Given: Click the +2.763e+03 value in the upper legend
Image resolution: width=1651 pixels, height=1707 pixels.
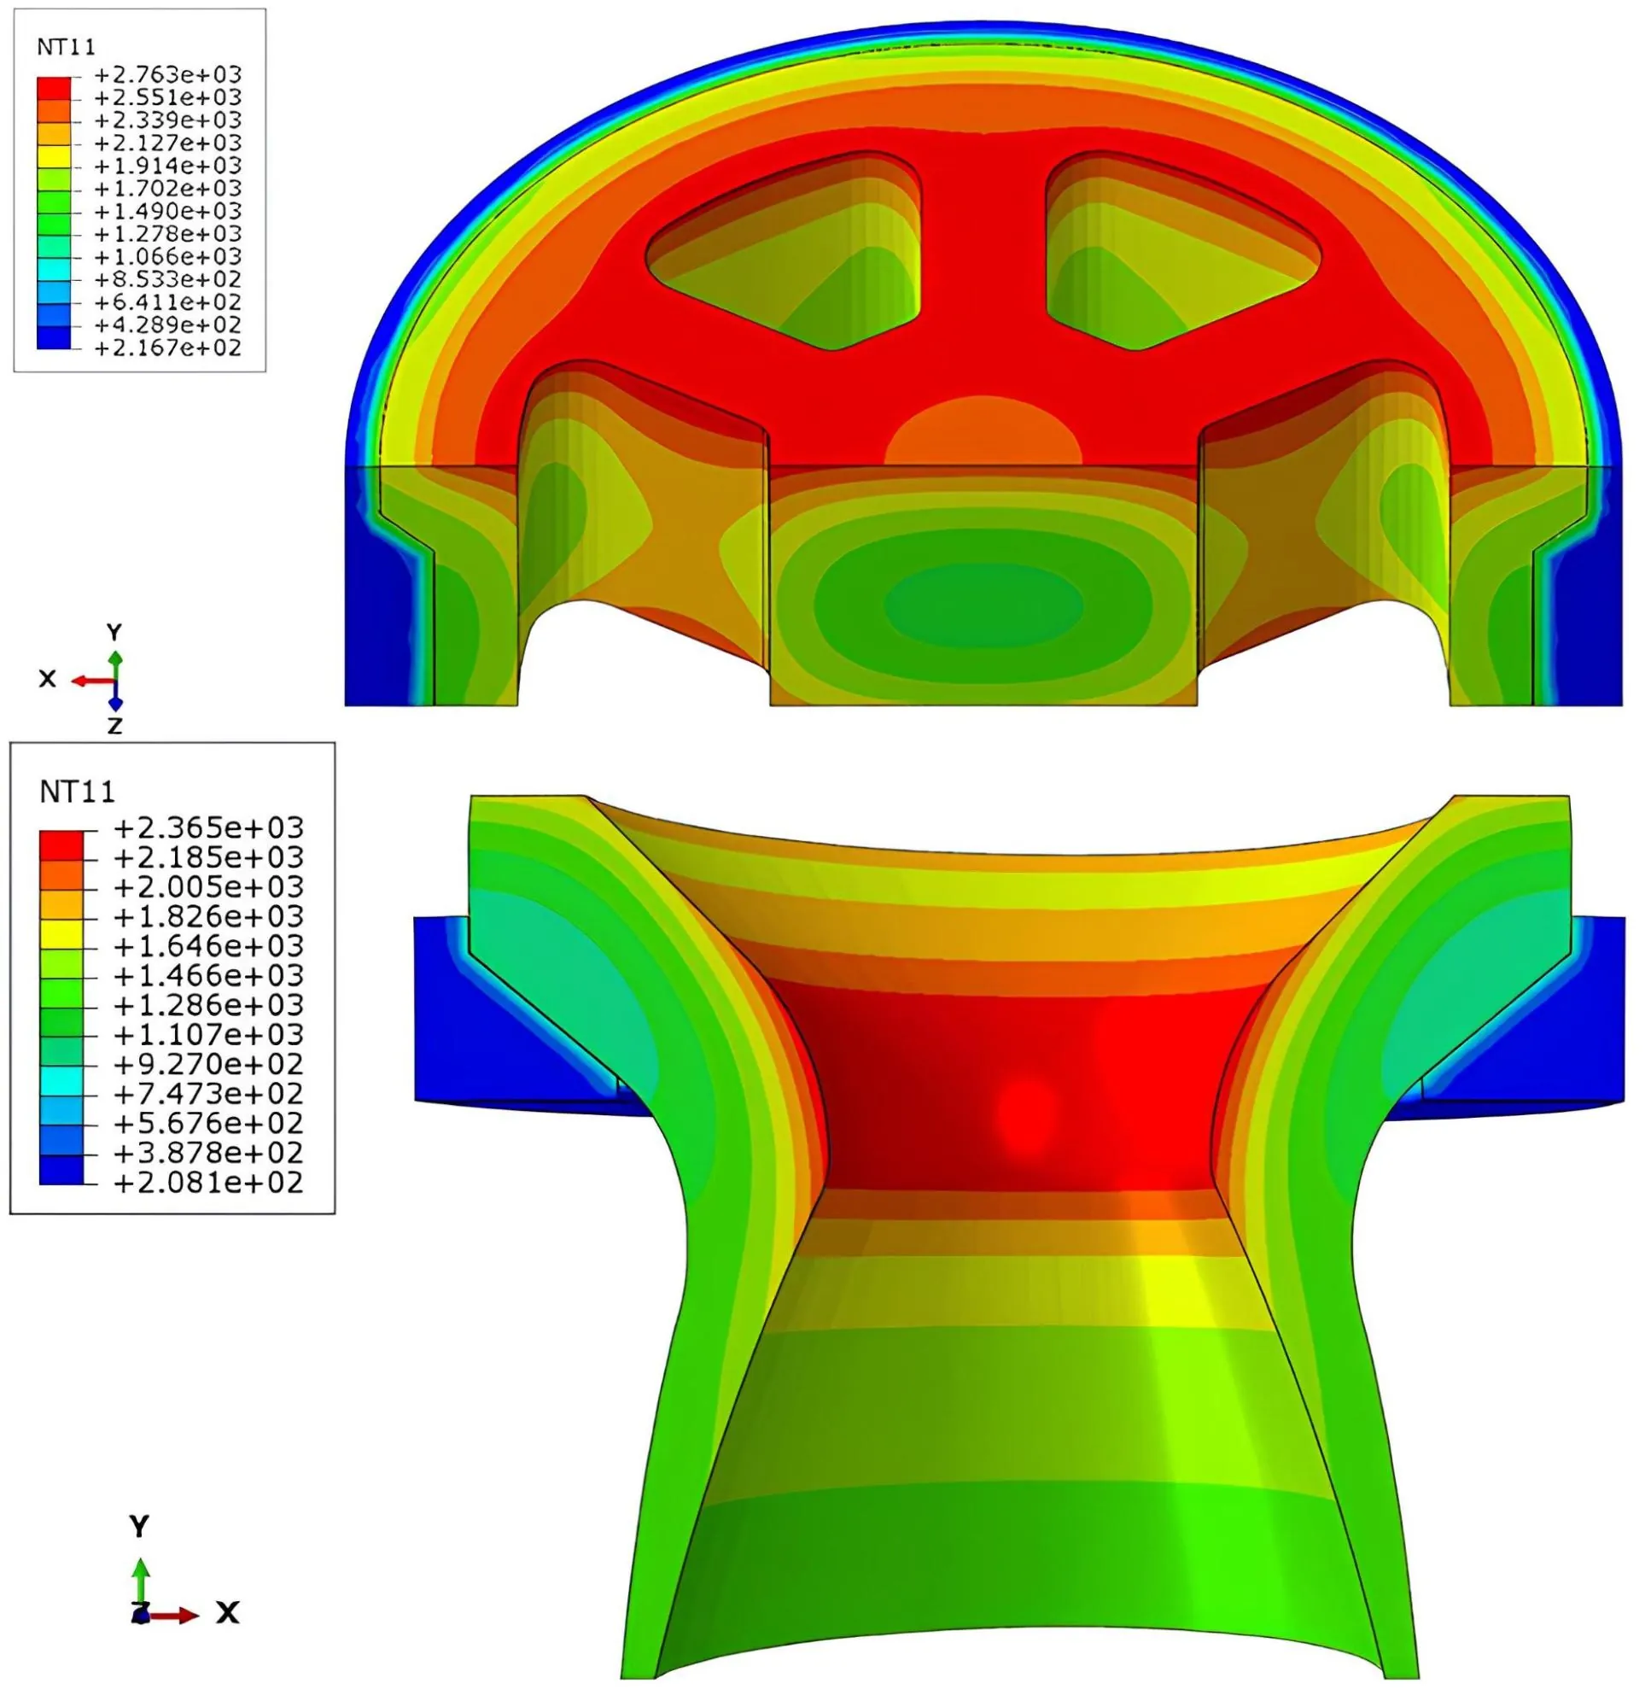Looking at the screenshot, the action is (x=167, y=75).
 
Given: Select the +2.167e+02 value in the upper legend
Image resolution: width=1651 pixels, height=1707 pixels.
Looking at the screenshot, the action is (x=167, y=348).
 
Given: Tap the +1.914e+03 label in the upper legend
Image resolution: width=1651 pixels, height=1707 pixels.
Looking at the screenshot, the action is (x=167, y=166).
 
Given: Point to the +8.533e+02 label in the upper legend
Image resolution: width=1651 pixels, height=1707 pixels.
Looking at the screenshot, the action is (x=167, y=279).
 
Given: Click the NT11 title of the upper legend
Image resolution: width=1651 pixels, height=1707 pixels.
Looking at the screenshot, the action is (x=67, y=47).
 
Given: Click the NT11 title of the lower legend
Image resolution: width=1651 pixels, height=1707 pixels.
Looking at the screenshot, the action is (x=78, y=792).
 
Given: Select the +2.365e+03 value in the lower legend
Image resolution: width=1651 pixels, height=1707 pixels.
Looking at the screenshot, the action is (x=208, y=827).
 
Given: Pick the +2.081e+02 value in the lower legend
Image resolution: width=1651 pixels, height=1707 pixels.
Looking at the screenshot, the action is (x=208, y=1182).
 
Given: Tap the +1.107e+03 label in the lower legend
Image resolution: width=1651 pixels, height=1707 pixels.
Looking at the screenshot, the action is (x=208, y=1035).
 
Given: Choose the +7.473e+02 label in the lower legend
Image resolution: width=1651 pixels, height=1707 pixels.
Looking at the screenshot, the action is (x=208, y=1093).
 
